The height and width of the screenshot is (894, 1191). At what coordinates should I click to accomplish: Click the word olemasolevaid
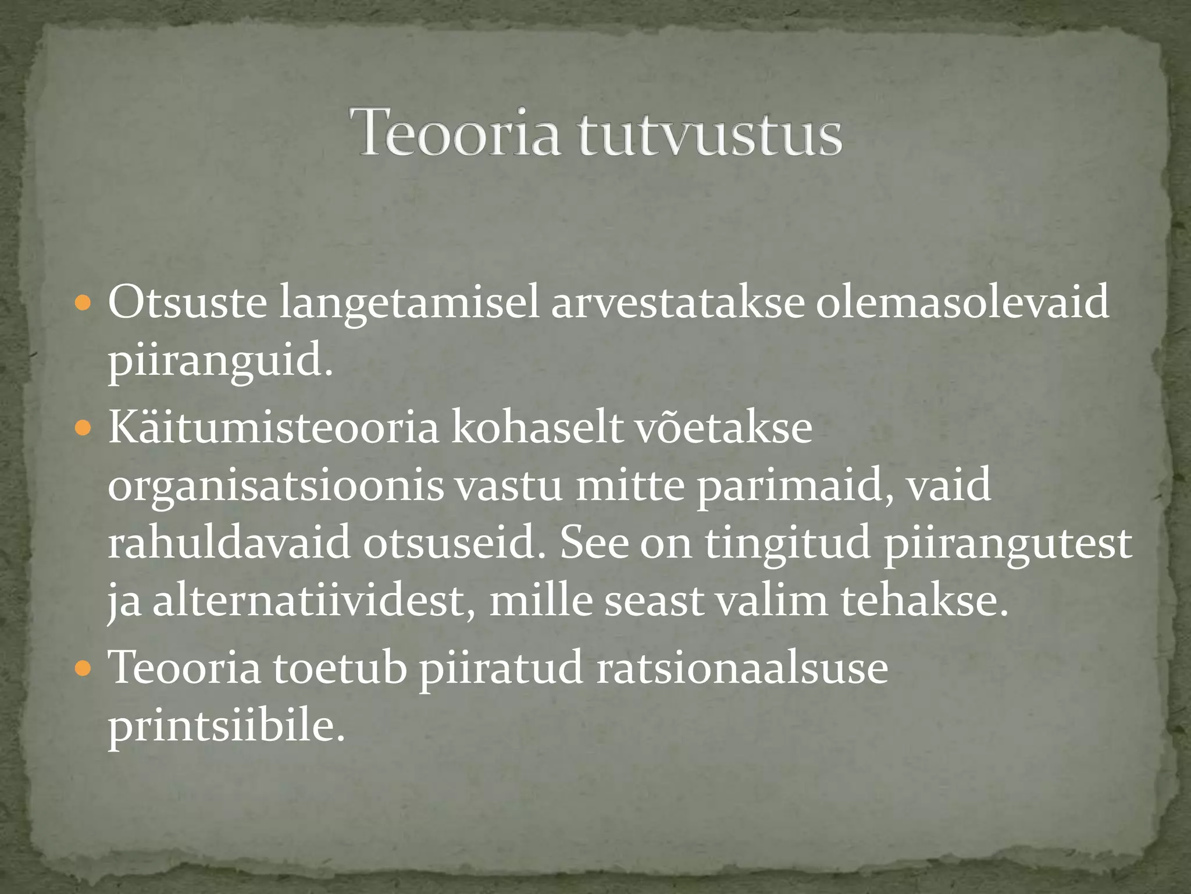(x=962, y=303)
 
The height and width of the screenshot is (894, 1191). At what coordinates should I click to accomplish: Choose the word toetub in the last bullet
(x=340, y=668)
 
